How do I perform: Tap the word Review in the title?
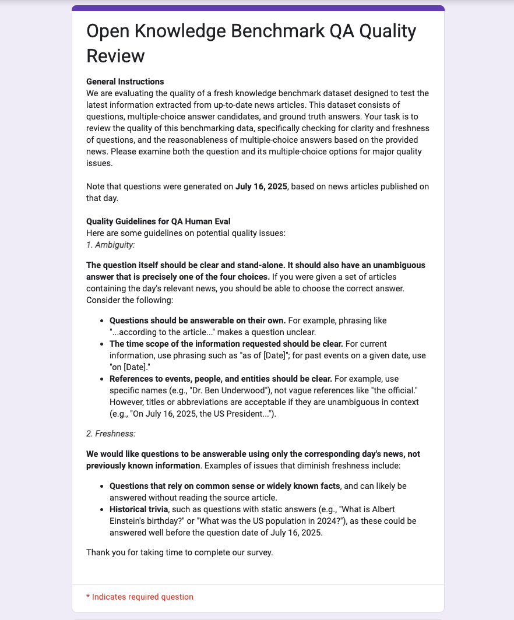click(x=115, y=56)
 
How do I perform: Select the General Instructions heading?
click(x=125, y=82)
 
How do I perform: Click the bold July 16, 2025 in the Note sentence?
click(x=261, y=187)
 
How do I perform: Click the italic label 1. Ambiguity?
click(x=110, y=244)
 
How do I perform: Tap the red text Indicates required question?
click(x=143, y=597)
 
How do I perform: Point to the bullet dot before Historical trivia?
click(x=103, y=509)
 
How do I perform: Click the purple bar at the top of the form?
click(x=258, y=8)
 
